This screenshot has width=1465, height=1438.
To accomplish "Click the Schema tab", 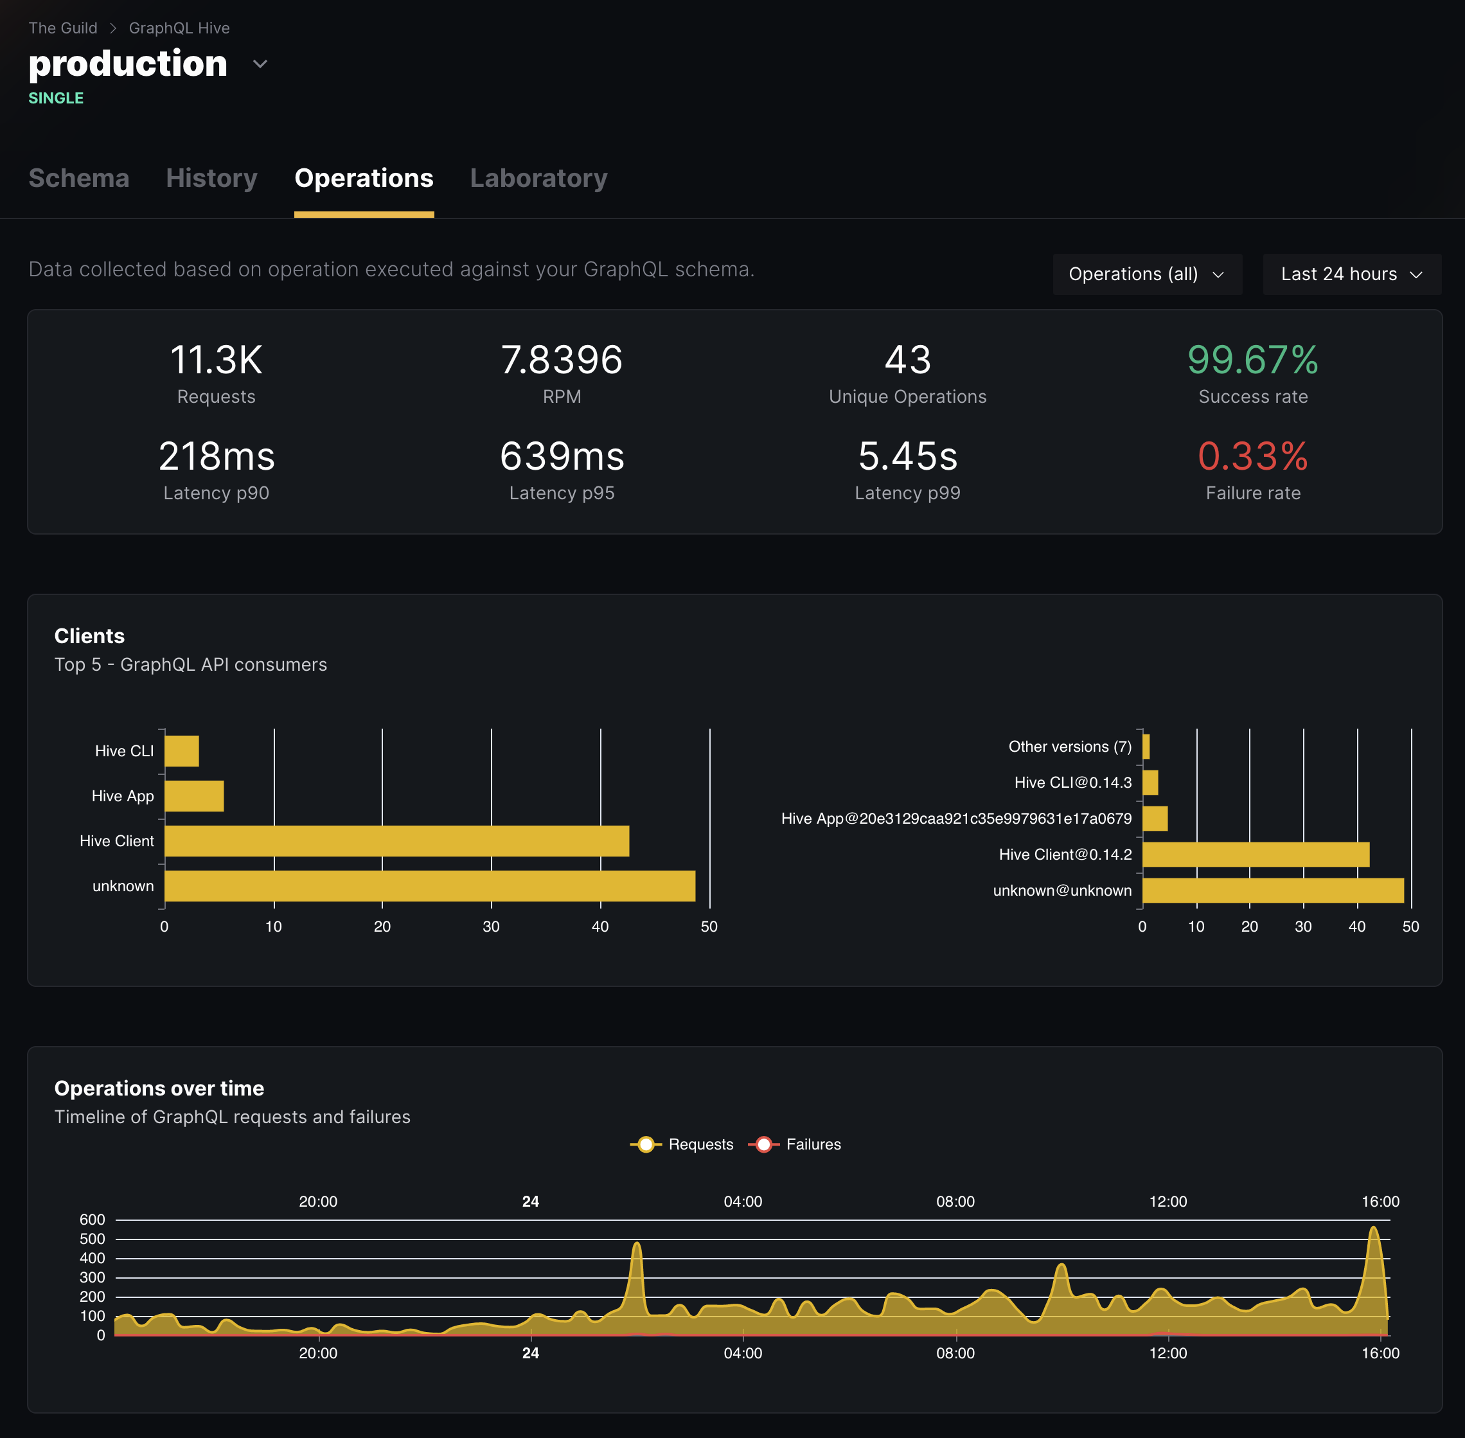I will pos(78,178).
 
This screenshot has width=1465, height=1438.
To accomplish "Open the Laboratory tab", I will pos(538,178).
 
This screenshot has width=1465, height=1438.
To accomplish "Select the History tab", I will pos(211,178).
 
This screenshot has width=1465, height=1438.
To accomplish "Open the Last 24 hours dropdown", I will pos(1351,274).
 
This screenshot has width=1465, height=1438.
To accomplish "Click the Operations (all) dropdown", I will pos(1146,274).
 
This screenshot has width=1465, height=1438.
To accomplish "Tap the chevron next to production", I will pos(260,64).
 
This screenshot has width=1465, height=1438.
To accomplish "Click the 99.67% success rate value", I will pos(1252,360).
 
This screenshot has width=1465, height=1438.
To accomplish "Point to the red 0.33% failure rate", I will pos(1252,456).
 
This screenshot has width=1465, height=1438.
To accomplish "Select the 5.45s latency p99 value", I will pos(907,456).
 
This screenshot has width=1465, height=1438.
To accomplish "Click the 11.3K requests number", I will pos(216,360).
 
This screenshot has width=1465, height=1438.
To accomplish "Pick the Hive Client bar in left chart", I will pos(396,840).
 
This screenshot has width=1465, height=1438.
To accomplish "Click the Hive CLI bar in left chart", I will pos(182,750).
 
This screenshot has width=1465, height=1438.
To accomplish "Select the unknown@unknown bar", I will pos(1272,891).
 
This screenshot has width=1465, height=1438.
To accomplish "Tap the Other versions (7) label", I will pos(1069,746).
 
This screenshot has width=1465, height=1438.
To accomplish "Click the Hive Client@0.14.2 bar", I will pos(1255,854).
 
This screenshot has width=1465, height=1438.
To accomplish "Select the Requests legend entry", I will pos(682,1144).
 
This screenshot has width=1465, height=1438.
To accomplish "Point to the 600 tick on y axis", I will pos(92,1219).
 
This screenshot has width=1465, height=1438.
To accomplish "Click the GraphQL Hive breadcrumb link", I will pos(179,28).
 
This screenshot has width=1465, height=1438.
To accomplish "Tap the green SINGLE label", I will pos(56,98).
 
